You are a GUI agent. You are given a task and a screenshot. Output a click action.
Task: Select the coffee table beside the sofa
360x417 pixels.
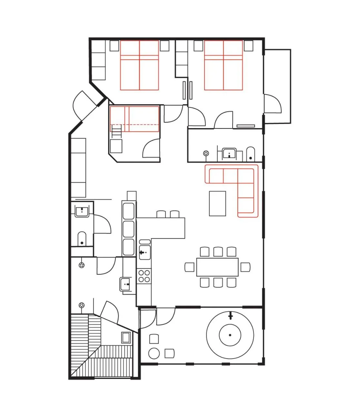(217, 203)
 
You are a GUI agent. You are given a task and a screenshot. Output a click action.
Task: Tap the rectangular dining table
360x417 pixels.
(217, 267)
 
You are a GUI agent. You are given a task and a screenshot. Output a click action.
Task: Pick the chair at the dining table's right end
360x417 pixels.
(245, 267)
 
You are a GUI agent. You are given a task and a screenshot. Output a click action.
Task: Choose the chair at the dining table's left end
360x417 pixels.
(190, 267)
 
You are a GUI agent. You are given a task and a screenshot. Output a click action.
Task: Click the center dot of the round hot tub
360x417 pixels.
(230, 335)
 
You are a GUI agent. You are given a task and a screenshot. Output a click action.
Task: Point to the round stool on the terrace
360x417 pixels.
(154, 353)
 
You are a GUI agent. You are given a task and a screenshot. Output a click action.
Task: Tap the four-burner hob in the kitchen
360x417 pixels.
(144, 276)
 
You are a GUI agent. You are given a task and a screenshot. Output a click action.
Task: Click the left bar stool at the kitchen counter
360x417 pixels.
(161, 214)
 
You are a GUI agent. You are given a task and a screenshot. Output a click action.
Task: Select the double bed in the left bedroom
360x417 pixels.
(139, 65)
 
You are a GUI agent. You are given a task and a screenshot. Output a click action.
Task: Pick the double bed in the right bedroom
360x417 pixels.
(223, 65)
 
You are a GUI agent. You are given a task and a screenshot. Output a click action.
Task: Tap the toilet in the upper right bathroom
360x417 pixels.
(251, 154)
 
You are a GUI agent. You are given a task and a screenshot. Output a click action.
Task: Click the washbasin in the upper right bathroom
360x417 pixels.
(229, 153)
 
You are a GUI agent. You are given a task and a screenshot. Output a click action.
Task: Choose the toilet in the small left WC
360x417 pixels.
(82, 239)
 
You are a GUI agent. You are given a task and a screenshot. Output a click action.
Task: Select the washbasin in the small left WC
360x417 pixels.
(82, 212)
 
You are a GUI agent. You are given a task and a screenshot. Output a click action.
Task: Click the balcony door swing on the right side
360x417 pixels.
(273, 104)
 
